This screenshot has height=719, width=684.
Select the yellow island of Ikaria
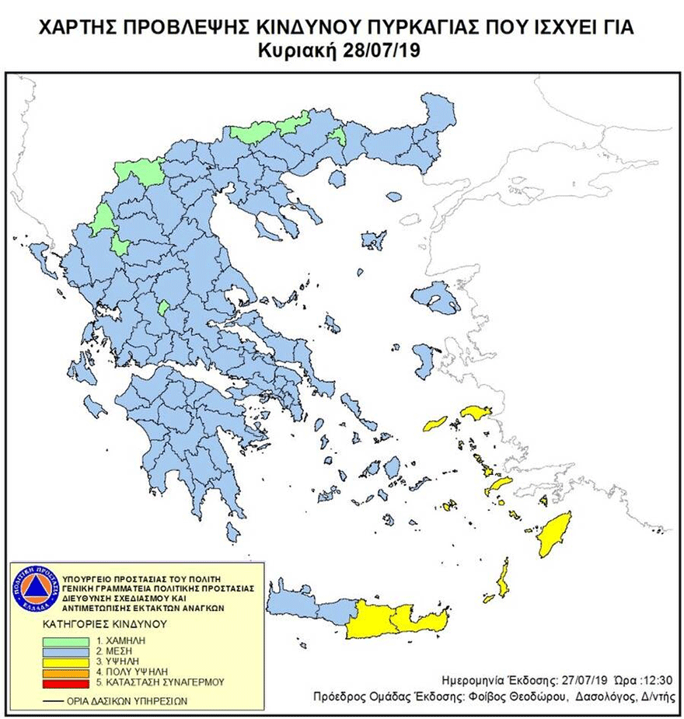click(x=435, y=424)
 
